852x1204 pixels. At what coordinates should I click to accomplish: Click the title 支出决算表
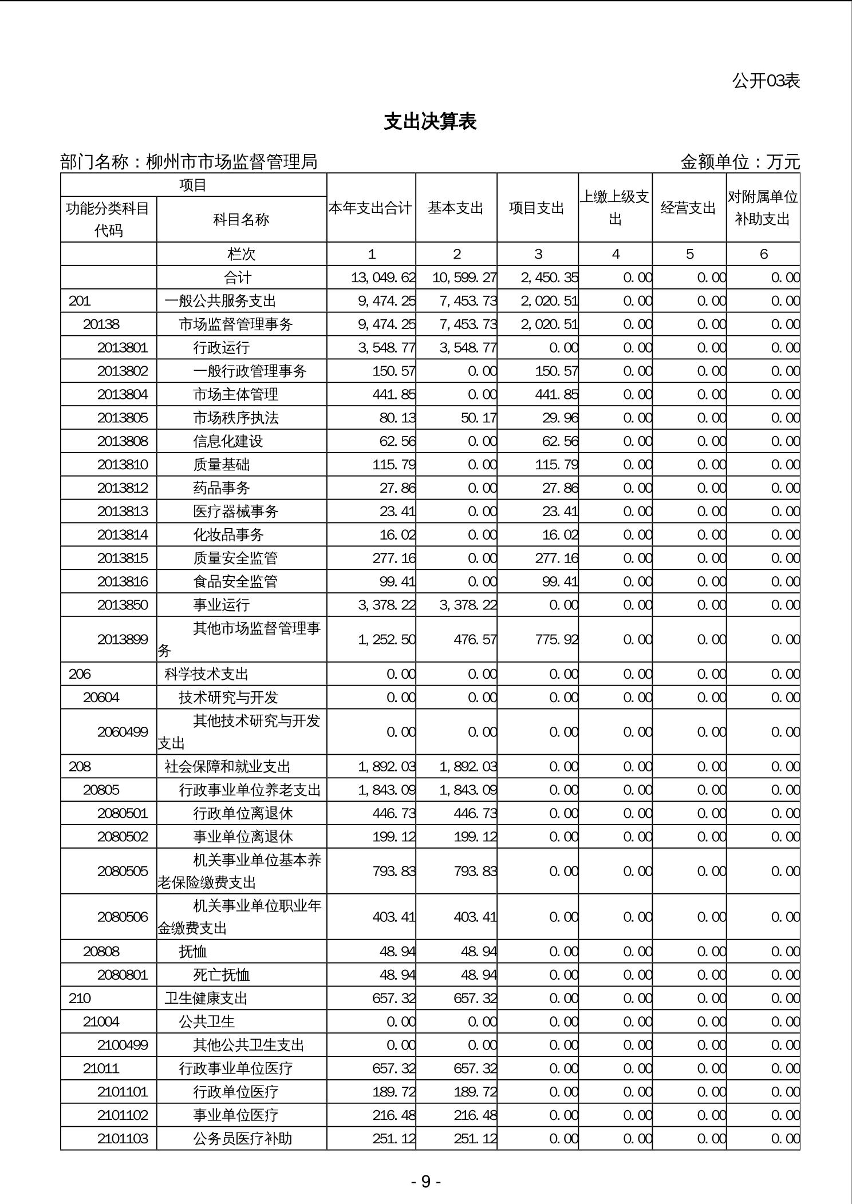point(430,122)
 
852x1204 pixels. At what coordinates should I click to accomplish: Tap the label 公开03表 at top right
point(766,81)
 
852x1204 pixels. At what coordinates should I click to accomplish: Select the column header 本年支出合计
point(370,208)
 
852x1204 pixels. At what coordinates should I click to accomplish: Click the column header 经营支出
point(689,208)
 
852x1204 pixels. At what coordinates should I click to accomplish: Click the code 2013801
point(123,348)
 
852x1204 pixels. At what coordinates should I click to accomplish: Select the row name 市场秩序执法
point(236,418)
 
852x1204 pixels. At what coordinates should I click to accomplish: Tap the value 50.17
point(479,418)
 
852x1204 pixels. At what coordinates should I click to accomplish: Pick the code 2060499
point(123,732)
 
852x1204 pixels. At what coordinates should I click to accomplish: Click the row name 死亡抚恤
point(222,975)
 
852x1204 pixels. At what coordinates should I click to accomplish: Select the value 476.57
point(475,639)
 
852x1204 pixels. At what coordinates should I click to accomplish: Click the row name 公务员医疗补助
point(243,1139)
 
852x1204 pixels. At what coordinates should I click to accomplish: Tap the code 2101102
point(123,1115)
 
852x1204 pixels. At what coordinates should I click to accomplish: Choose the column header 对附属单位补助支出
point(763,208)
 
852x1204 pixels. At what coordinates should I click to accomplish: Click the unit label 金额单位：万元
point(740,163)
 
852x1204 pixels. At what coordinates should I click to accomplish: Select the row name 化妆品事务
point(228,535)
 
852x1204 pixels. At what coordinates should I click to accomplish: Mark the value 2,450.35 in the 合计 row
point(549,278)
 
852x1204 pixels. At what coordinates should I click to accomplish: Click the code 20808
point(101,952)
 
